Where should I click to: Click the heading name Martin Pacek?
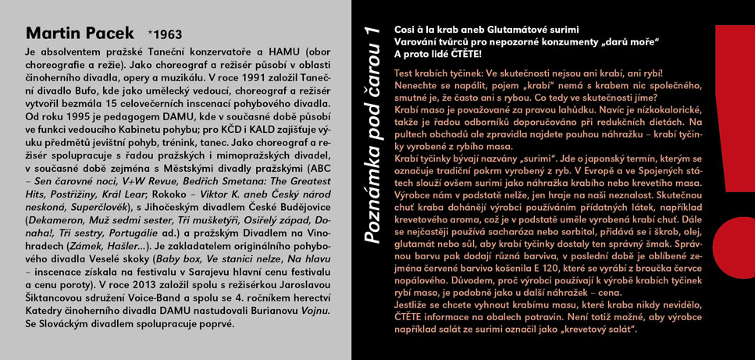click(x=81, y=34)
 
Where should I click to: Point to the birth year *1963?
click(x=165, y=35)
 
